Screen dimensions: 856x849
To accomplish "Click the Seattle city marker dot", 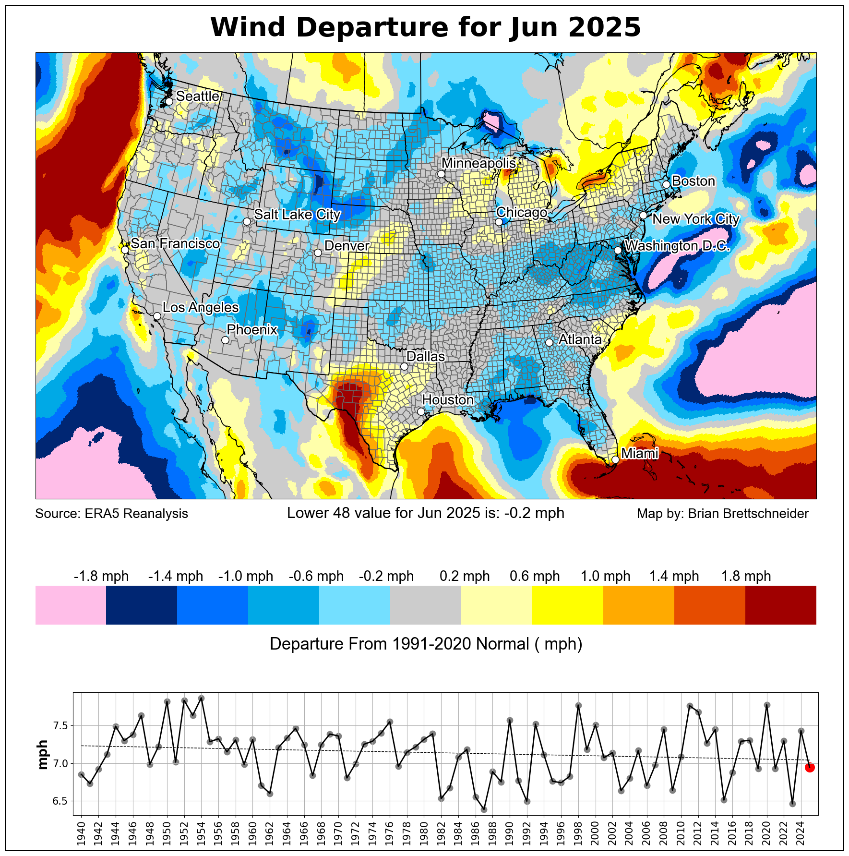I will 169,101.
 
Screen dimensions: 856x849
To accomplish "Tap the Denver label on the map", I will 347,246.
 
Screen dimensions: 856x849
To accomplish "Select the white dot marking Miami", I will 615,459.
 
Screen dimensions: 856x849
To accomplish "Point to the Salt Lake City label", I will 297,215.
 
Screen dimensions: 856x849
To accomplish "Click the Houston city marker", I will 421,411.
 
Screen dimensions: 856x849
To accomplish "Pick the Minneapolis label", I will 478,164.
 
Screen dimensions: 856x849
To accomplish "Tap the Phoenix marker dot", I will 225,340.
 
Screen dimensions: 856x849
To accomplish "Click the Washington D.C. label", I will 677,246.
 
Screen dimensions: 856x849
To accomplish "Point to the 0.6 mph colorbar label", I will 535,576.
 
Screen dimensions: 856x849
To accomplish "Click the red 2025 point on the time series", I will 809,767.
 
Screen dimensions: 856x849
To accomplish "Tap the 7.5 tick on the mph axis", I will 60,725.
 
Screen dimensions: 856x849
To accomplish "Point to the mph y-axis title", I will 43,755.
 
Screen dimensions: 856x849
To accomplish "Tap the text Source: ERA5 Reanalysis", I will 112,514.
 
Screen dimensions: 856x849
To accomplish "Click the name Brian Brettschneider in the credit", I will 748,514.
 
